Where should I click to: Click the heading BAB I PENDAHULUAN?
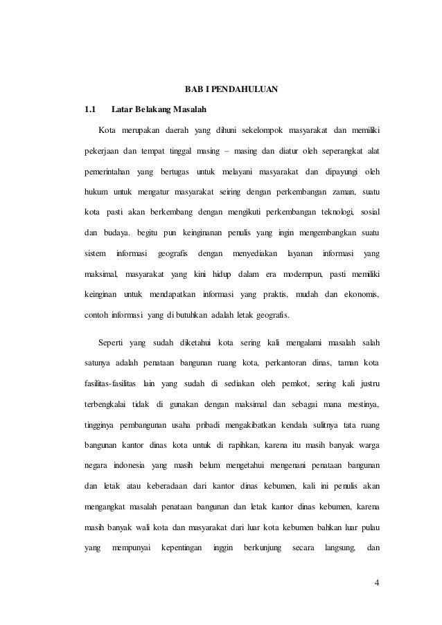[230, 89]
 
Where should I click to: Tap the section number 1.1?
[89, 109]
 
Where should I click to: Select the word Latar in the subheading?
[122, 109]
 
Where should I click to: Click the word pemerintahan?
[107, 171]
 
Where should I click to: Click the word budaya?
[118, 232]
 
